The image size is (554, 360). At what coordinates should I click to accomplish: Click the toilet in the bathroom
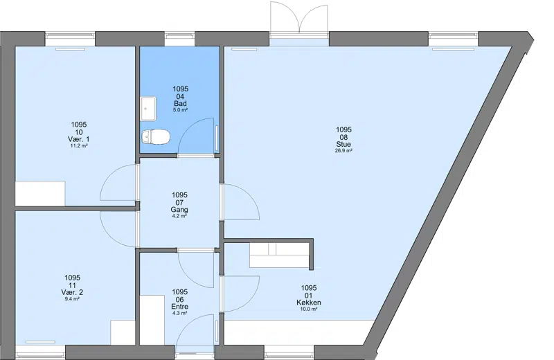(x=155, y=136)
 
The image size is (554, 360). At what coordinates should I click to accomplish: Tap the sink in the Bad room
(x=148, y=109)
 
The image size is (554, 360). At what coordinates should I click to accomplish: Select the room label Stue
(x=343, y=144)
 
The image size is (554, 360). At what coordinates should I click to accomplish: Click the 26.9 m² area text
(x=343, y=150)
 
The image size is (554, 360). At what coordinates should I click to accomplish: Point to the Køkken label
(x=309, y=303)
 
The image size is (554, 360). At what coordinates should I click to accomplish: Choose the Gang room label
(x=179, y=210)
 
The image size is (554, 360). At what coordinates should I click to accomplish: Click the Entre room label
(x=179, y=307)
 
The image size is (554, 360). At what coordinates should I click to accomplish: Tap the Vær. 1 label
(x=79, y=139)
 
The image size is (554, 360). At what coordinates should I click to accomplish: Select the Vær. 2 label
(x=72, y=293)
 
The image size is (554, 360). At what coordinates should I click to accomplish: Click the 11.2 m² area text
(x=79, y=145)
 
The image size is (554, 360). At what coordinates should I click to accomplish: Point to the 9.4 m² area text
(x=72, y=299)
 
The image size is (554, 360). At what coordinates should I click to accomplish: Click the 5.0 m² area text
(x=180, y=110)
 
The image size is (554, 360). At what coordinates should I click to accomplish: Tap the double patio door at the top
(x=300, y=18)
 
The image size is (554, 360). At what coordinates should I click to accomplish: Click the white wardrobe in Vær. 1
(x=40, y=193)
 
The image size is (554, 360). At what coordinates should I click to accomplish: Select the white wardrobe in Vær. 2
(x=123, y=332)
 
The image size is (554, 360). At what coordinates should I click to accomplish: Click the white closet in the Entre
(x=152, y=320)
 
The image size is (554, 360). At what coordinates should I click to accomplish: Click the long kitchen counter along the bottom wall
(x=300, y=332)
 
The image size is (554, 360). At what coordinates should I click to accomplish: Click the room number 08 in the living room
(x=343, y=138)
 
